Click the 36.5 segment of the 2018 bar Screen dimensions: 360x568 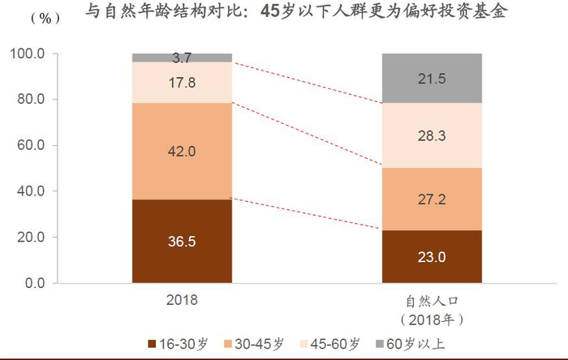183,241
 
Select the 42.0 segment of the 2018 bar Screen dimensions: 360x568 183,151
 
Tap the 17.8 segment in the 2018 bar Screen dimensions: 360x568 183,82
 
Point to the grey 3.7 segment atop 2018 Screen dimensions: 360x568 183,58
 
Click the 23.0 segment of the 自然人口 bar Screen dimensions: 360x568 432,256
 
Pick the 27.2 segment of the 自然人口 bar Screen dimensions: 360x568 432,199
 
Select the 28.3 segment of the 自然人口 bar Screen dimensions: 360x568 432,136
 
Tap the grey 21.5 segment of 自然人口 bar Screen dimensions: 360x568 432,78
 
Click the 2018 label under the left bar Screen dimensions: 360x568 182,299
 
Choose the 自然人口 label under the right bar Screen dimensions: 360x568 431,300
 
